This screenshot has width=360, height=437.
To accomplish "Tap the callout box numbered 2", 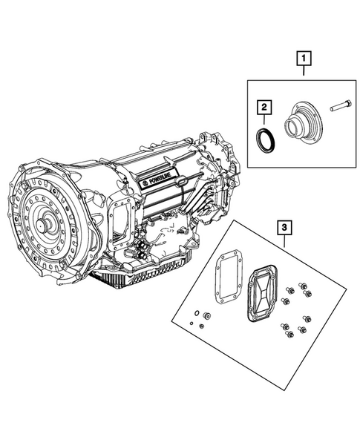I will pyautogui.click(x=261, y=108).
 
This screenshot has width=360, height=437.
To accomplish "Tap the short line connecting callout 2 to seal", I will pyautogui.click(x=262, y=121).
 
